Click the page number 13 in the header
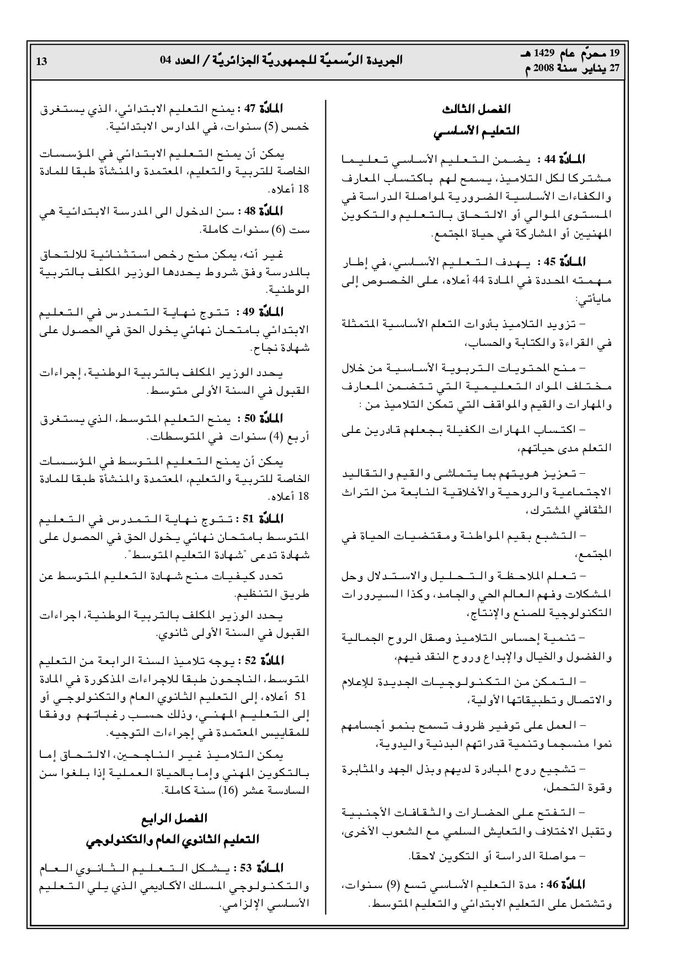coord(41,61)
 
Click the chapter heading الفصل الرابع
coord(172,818)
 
